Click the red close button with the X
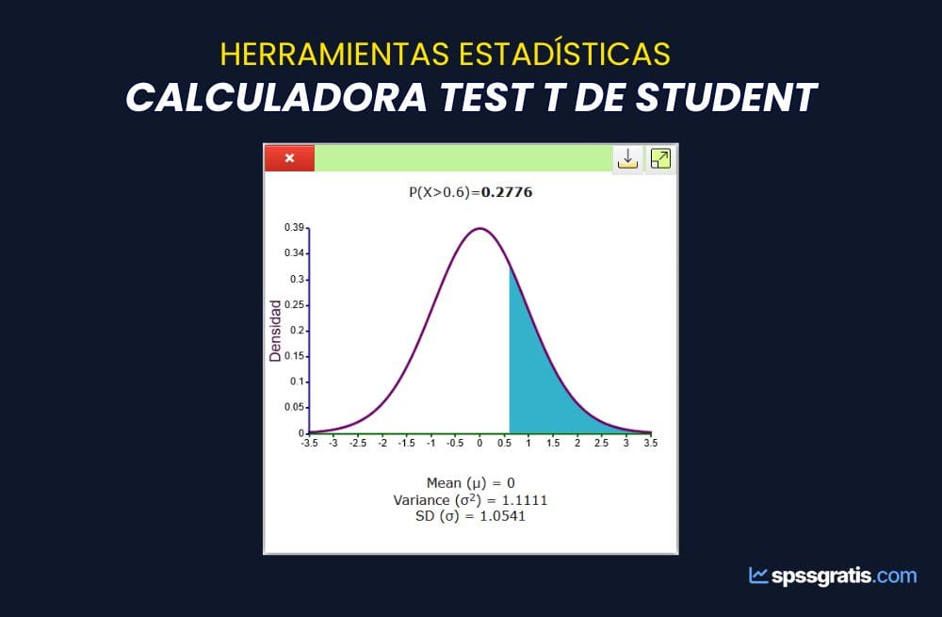[x=289, y=158]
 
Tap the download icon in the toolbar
[x=627, y=158]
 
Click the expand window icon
[x=660, y=158]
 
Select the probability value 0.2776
[x=507, y=192]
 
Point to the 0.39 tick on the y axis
[x=294, y=228]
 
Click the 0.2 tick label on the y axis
[x=297, y=331]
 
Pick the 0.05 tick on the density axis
[x=294, y=407]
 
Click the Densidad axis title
[x=275, y=331]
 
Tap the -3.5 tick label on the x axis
[x=309, y=444]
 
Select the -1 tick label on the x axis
[x=430, y=444]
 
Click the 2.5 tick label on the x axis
[x=601, y=444]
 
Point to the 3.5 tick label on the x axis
[x=651, y=444]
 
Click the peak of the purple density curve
[x=479, y=228]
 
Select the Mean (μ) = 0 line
[x=470, y=483]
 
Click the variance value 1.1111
[x=525, y=500]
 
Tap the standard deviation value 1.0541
[x=502, y=516]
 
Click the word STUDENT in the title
[x=726, y=97]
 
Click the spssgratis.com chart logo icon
[x=758, y=576]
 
